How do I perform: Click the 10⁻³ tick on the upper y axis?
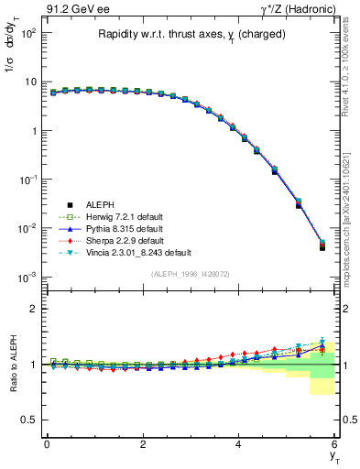click(27, 276)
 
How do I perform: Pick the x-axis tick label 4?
click(239, 444)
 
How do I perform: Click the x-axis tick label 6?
click(334, 444)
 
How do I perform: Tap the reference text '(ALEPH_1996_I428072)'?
click(191, 274)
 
